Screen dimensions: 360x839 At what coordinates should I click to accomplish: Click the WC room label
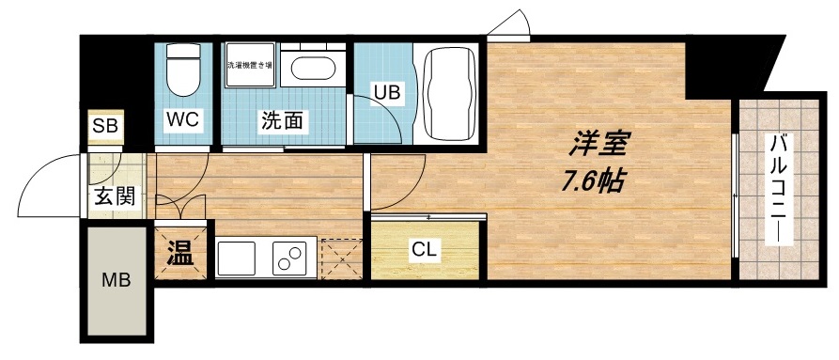coord(182,120)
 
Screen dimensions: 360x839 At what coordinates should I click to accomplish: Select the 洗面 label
coord(281,120)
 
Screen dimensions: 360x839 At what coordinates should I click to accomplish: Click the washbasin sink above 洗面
coord(312,68)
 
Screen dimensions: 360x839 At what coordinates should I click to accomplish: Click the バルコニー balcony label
coord(780,188)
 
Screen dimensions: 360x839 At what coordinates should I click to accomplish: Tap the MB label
coord(117,280)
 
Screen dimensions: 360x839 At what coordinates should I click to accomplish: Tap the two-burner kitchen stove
coord(290,258)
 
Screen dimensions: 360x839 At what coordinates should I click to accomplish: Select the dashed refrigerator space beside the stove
coord(339,258)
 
